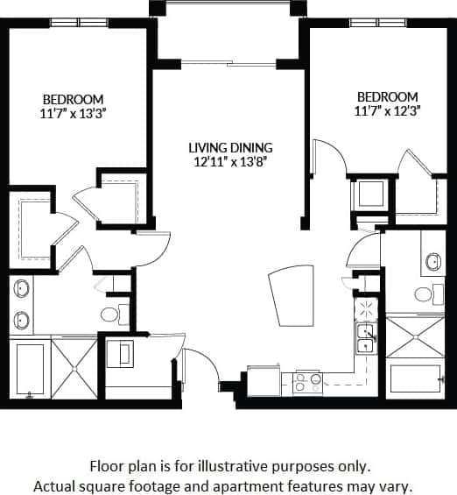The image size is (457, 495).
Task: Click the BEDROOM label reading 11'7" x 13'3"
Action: click(73, 105)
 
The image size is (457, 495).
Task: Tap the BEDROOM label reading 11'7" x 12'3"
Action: click(385, 103)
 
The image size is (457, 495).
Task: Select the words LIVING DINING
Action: click(231, 147)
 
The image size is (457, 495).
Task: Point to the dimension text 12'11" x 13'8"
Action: click(231, 161)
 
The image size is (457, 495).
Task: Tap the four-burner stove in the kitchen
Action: click(307, 381)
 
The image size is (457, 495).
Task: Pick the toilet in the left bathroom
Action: click(112, 313)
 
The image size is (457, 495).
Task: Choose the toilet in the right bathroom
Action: click(425, 294)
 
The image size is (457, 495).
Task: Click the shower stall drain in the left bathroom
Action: click(74, 367)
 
